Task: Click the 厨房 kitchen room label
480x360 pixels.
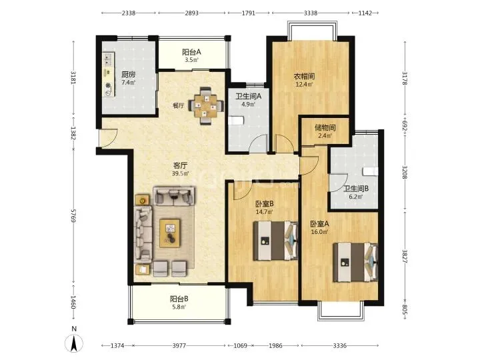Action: (128, 75)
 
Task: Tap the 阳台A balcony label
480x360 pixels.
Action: (191, 52)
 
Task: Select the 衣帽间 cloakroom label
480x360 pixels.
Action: (304, 76)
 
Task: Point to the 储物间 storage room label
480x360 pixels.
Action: (325, 127)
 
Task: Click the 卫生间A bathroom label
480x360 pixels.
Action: (248, 96)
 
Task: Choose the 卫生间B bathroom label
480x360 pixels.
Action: (356, 189)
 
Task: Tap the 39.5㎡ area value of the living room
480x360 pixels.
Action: (180, 173)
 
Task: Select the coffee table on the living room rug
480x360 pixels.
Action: (170, 233)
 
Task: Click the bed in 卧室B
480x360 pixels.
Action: (275, 241)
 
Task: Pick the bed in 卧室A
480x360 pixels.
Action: (355, 262)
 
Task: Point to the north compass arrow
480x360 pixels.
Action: (74, 343)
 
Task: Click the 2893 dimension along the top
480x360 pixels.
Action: (191, 13)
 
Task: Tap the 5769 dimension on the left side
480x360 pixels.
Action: (73, 216)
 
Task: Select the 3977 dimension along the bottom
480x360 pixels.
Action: (179, 345)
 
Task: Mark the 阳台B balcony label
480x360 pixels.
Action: (179, 299)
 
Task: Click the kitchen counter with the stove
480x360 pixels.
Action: (109, 75)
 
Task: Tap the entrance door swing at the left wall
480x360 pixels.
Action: (108, 138)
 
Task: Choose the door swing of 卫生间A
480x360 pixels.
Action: (259, 143)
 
